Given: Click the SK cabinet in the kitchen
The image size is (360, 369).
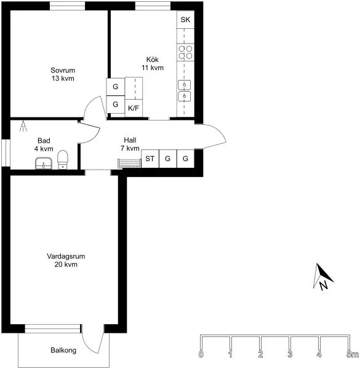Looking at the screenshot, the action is tap(185, 20).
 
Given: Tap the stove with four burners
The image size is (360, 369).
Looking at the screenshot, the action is tap(185, 52).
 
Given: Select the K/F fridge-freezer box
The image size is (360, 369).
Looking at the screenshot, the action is tap(134, 108).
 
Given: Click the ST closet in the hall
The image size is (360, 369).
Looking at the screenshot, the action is tap(150, 159).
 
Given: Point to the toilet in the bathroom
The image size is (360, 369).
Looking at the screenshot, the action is tap(63, 160).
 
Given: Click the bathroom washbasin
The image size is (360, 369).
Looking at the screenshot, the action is tap(44, 164).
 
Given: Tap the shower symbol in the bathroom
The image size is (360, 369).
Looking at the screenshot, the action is tap(23, 126).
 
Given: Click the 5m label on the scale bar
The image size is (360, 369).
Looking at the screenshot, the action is tap(353, 354).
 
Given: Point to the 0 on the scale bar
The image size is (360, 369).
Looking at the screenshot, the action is tap(201, 354).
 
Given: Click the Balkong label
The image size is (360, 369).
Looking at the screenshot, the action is tap(63, 351).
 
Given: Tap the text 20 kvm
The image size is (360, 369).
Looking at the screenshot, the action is tap(66, 264).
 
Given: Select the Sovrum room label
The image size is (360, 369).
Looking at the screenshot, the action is tap(63, 70).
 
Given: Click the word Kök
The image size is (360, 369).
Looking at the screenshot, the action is tap(153, 59).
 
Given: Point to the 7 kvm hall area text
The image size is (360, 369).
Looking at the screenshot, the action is tap(130, 148).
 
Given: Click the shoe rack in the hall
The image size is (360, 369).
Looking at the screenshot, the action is tap(129, 164).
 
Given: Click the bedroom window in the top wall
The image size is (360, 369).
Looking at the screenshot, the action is tap(67, 6).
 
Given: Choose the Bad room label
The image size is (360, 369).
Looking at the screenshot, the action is tap(44, 141).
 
